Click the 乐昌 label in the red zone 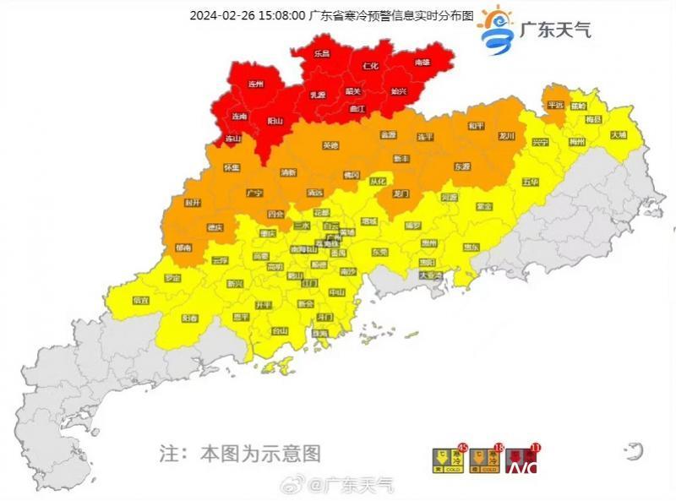click(x=322, y=53)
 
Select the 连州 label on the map click(x=255, y=84)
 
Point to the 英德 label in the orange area click(x=330, y=145)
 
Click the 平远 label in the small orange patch click(x=555, y=105)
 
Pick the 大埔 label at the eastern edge click(x=619, y=135)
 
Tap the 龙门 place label click(x=401, y=193)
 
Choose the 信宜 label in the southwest click(x=141, y=300)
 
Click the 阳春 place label click(x=190, y=318)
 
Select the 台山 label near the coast click(x=279, y=331)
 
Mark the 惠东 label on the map click(x=471, y=247)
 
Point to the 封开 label click(x=193, y=203)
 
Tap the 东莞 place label click(x=379, y=252)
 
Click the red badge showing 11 click(x=533, y=448)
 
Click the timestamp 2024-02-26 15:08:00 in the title click(x=247, y=15)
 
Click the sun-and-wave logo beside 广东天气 click(x=495, y=29)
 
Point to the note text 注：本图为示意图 click(x=240, y=454)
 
